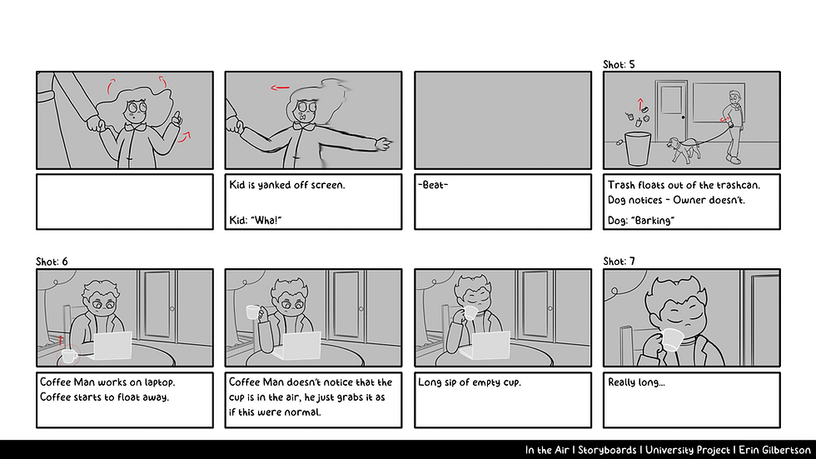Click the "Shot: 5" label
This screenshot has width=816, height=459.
point(619,64)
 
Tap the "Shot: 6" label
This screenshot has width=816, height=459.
point(52,262)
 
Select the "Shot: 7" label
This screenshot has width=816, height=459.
point(619,262)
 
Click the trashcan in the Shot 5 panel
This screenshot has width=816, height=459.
point(638,148)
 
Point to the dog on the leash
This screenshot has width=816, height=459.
point(684,149)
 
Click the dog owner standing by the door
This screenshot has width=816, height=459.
point(734,127)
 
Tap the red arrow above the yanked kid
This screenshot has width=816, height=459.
point(280,87)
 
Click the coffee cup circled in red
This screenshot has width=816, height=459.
point(69,356)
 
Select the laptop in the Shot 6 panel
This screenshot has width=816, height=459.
point(112,346)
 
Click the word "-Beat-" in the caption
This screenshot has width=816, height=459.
point(433,185)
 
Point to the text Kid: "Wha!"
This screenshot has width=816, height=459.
point(256,220)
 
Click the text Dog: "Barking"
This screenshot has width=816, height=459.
point(641,220)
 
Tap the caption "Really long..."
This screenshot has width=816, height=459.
point(636,382)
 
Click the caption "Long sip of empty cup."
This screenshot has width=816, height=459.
point(470,382)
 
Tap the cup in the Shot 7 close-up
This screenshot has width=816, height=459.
point(673,339)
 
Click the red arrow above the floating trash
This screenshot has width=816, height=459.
point(640,104)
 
